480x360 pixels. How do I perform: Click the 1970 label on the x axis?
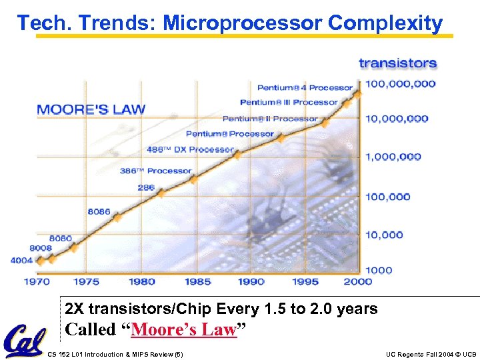(37, 281)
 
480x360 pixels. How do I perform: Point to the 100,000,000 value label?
(400, 84)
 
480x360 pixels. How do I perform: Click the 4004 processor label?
(21, 261)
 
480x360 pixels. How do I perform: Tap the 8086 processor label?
(99, 212)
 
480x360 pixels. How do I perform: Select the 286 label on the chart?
(146, 187)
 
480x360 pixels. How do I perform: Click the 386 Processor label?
(155, 171)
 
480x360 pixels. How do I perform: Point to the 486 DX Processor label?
(191, 149)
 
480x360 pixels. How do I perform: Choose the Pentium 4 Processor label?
(305, 87)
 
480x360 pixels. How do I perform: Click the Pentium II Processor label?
(270, 119)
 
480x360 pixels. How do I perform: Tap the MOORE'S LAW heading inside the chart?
(91, 109)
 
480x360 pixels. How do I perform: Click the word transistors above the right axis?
(398, 64)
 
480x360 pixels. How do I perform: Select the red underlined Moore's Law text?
(184, 329)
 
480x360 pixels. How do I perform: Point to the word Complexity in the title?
(385, 23)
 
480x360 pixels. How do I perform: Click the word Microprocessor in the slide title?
(243, 23)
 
